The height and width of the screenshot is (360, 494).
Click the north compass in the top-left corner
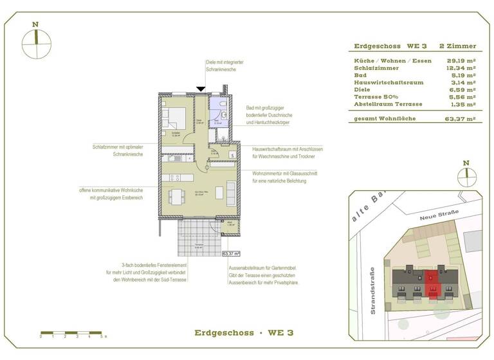coord(35,42)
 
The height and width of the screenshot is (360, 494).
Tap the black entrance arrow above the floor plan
coord(201,89)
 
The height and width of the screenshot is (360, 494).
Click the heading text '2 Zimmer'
coord(457,46)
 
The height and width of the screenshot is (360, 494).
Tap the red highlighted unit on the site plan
coord(432,281)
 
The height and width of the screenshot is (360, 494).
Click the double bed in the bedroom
coord(174,119)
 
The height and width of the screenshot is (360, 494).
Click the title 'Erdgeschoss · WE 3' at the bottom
coord(244,332)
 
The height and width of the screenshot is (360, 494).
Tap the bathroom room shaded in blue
coord(219,114)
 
